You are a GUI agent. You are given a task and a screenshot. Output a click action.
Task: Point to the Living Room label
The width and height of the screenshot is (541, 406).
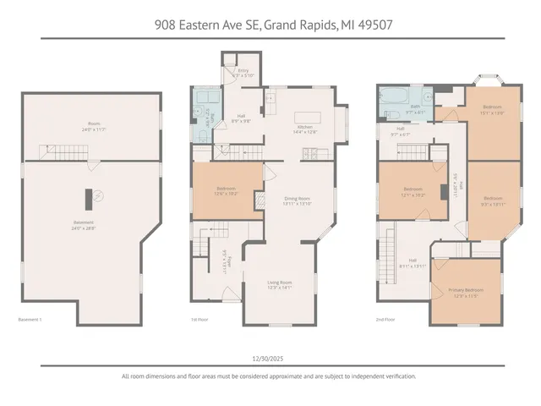click(279, 284)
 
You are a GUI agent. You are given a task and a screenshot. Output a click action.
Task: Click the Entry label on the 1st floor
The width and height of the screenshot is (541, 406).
click(243, 71)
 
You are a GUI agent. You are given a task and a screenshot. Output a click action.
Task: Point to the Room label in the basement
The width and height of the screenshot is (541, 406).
click(93, 123)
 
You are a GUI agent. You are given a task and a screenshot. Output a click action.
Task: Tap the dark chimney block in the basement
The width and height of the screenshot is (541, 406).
click(87, 197)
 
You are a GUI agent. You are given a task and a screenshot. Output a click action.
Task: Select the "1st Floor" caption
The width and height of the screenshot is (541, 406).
click(201, 319)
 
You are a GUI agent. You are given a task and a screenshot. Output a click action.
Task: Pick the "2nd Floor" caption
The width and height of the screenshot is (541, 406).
click(385, 319)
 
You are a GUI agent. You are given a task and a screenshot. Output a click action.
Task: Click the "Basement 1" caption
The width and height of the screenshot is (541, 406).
click(30, 319)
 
